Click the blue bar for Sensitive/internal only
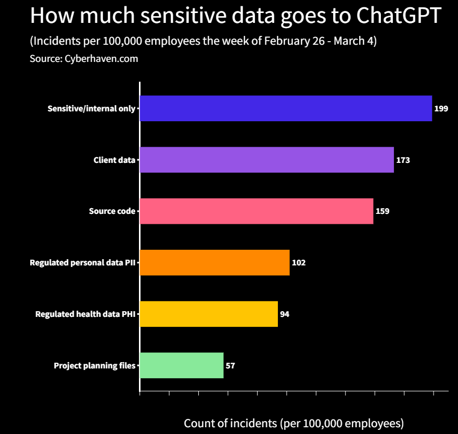[286, 108]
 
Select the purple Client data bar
[266, 160]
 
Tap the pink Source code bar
[257, 211]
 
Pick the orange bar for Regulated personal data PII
[214, 262]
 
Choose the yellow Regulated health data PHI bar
[209, 314]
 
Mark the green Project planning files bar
[182, 365]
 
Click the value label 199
[441, 109]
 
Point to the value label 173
[403, 160]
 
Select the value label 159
[383, 211]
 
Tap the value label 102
[299, 263]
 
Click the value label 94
[285, 314]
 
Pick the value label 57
[231, 366]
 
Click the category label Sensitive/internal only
[91, 109]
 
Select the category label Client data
[114, 160]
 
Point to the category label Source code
[112, 211]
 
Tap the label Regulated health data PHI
[85, 314]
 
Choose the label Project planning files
[94, 366]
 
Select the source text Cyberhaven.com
[101, 59]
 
